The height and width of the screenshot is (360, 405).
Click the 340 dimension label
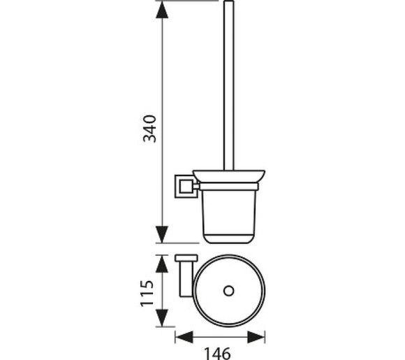[150, 129]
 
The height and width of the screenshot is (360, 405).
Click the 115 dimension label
[147, 293]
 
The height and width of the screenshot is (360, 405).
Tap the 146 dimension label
[217, 353]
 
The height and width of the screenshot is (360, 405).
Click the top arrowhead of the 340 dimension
[162, 10]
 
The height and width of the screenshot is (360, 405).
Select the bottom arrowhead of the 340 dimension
[162, 234]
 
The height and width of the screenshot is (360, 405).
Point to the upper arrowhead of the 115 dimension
[162, 264]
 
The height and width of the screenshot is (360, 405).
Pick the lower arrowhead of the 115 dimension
[162, 317]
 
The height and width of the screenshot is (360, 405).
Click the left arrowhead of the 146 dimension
[184, 337]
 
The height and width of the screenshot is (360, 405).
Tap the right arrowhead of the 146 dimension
[256, 337]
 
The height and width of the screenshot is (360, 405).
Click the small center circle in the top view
[229, 291]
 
